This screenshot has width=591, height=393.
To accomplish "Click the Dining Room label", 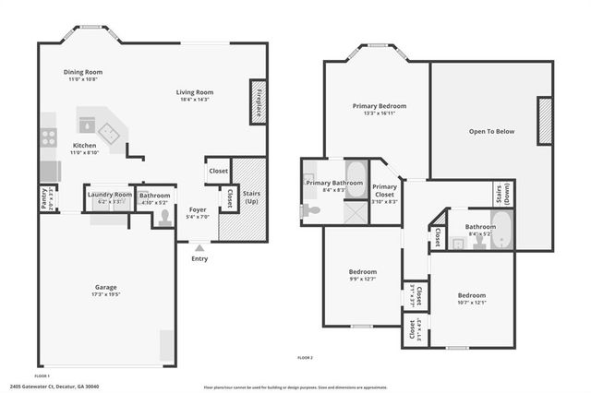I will (83, 72).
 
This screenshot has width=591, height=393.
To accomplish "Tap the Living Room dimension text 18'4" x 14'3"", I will (196, 100).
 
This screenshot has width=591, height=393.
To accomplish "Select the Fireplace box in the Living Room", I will (258, 101).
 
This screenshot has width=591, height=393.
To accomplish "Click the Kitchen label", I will (85, 146).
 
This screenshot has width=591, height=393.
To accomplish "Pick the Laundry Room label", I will (110, 195).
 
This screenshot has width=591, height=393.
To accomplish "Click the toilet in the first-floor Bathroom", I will (164, 218).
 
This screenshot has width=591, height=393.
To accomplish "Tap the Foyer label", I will (198, 209).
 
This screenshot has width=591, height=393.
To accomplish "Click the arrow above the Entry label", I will (199, 247).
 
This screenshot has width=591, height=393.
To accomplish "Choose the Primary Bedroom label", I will (379, 107).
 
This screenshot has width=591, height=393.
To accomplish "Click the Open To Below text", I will (491, 132).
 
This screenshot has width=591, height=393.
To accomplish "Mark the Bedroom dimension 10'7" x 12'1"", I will (472, 303).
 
